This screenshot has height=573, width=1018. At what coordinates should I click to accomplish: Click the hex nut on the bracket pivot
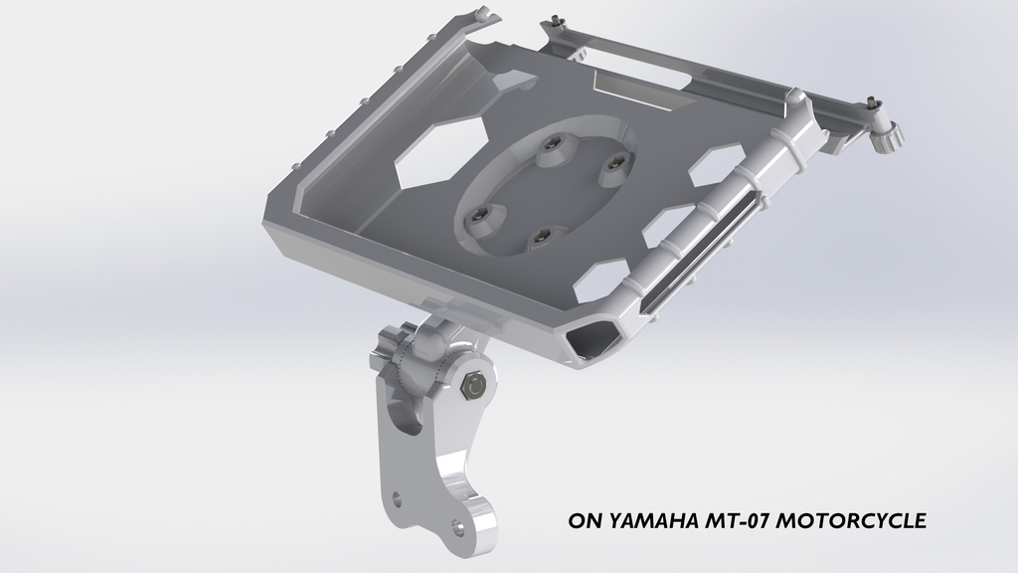coord(473,384)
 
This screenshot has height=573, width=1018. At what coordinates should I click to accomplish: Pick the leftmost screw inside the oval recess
coord(482,214)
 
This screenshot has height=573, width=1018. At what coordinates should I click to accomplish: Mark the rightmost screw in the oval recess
coord(613,161)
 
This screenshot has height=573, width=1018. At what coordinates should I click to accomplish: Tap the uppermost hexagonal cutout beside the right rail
coord(719,160)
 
